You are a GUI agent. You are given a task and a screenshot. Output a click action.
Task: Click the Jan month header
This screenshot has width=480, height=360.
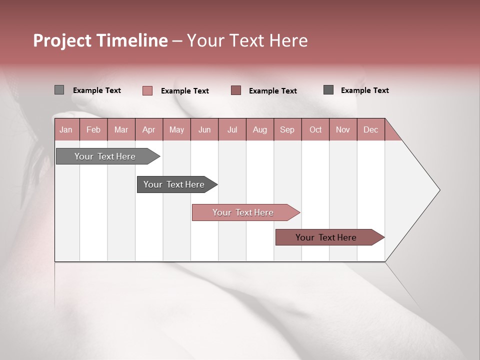pos(66,129)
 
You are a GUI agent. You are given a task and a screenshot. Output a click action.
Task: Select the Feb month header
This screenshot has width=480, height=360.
pos(93,129)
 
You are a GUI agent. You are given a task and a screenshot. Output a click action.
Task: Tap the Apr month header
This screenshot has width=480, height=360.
pos(148,129)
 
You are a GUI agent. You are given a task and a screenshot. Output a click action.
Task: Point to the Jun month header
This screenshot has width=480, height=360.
pos(204,129)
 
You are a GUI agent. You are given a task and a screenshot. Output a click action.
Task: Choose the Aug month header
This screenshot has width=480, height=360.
pos(259,129)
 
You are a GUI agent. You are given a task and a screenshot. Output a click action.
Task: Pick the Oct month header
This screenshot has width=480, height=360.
pos(315,129)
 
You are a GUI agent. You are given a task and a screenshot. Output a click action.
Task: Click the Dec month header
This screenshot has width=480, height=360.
pos(370,129)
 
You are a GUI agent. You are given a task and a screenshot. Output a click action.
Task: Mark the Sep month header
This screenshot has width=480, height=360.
pos(287,129)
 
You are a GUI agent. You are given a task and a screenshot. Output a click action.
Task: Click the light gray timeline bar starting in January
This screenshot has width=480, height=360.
pos(105,156)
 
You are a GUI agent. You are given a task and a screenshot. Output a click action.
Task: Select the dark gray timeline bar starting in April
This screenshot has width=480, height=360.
pos(174,184)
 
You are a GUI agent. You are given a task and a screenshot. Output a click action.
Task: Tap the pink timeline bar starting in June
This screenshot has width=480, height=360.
pos(243,212)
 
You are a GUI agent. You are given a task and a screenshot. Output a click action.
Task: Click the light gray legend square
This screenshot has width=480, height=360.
pos(59,90)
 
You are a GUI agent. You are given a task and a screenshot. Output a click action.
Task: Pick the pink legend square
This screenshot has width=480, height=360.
pos(147,90)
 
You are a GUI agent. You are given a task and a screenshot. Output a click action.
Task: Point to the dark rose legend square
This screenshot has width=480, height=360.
pos(236,90)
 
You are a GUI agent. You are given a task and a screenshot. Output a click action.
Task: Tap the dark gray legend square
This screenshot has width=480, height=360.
pos(328,90)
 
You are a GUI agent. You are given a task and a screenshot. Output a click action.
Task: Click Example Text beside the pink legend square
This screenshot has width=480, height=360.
pos(184,91)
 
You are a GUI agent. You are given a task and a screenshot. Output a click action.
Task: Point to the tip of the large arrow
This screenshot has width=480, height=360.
pos(439,190)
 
